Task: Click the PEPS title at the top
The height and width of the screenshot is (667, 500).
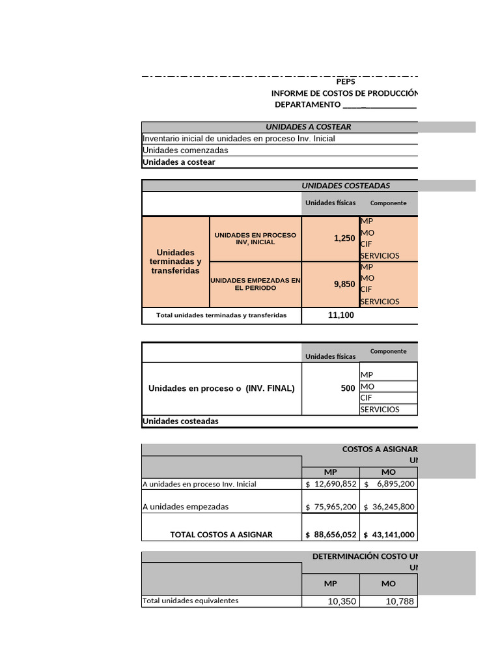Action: pyautogui.click(x=346, y=82)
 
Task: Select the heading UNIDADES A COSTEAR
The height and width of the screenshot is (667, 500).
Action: pyautogui.click(x=308, y=127)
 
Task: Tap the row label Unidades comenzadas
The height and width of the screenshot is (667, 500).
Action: pyautogui.click(x=186, y=150)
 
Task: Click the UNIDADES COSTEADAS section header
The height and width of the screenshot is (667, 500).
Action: pyautogui.click(x=346, y=186)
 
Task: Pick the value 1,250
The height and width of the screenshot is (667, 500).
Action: pyautogui.click(x=344, y=238)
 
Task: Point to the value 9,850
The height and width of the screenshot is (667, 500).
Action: pyautogui.click(x=344, y=284)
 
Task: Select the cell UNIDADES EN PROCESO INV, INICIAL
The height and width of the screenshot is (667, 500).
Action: pyautogui.click(x=255, y=238)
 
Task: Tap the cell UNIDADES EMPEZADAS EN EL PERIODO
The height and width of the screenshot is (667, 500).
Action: pyautogui.click(x=255, y=284)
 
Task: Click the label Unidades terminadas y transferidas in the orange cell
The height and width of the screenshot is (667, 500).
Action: pyautogui.click(x=176, y=261)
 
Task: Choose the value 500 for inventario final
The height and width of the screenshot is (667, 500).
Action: pyautogui.click(x=348, y=388)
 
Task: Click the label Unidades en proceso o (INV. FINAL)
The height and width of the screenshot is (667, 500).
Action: pyautogui.click(x=221, y=388)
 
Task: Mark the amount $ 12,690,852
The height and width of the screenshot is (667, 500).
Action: pyautogui.click(x=331, y=484)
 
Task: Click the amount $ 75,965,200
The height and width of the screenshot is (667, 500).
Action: pyautogui.click(x=331, y=507)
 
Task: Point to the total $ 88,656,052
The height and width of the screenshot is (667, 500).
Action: pyautogui.click(x=331, y=535)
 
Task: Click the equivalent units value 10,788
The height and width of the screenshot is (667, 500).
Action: pyautogui.click(x=400, y=601)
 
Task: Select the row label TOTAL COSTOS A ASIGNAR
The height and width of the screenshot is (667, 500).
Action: pyautogui.click(x=221, y=535)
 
